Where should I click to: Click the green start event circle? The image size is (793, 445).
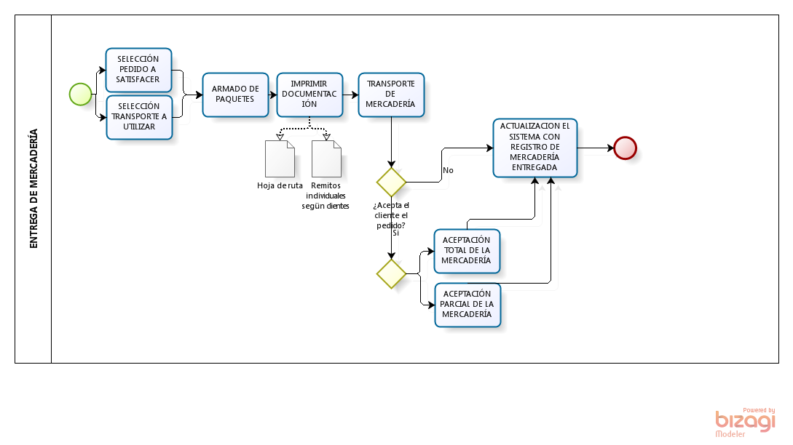pyautogui.click(x=80, y=94)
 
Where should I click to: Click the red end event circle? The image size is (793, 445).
pyautogui.click(x=625, y=148)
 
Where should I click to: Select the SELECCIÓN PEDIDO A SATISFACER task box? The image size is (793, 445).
pyautogui.click(x=138, y=69)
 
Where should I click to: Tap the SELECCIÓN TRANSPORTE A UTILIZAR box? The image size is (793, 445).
pyautogui.click(x=139, y=116)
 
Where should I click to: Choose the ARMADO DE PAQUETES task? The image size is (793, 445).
pyautogui.click(x=235, y=94)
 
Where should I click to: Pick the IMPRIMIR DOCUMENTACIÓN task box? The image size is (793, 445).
pyautogui.click(x=309, y=94)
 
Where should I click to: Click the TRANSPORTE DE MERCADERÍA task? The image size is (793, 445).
pyautogui.click(x=391, y=94)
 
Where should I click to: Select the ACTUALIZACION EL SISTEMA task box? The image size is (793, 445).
pyautogui.click(x=535, y=148)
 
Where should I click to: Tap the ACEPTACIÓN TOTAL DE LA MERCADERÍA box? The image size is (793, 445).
pyautogui.click(x=466, y=250)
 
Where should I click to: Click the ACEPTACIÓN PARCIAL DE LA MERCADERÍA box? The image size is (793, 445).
pyautogui.click(x=467, y=304)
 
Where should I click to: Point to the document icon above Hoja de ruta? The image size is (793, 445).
pyautogui.click(x=280, y=159)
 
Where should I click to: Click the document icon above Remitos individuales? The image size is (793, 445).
pyautogui.click(x=326, y=159)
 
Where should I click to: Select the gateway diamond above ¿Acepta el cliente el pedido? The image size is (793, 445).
pyautogui.click(x=391, y=181)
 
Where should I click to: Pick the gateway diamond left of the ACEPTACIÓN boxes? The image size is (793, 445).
pyautogui.click(x=391, y=273)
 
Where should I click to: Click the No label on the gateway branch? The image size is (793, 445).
pyautogui.click(x=448, y=170)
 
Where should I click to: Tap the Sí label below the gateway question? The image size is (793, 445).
pyautogui.click(x=395, y=233)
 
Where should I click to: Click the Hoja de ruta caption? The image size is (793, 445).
pyautogui.click(x=280, y=185)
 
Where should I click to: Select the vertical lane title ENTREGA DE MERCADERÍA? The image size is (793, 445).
pyautogui.click(x=33, y=189)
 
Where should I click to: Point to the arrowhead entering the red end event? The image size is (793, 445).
pyautogui.click(x=610, y=148)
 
